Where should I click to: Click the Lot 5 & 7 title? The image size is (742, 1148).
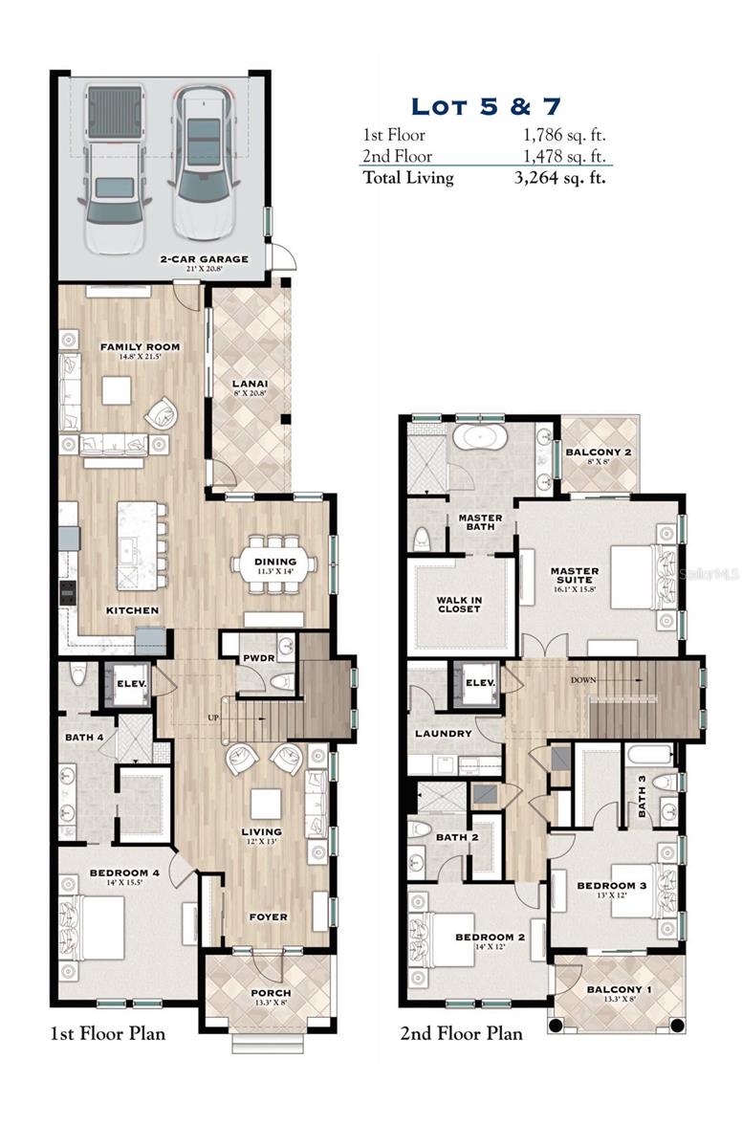pos(485,106)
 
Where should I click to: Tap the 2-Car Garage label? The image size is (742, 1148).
pos(204,259)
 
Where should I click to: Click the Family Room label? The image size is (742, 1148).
pos(141,346)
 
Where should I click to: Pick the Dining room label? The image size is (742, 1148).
pos(275,562)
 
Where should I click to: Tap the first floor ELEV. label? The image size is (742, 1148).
pos(129,684)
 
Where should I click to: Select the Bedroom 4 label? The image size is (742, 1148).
pos(125,872)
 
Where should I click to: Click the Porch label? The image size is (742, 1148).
pos(271,992)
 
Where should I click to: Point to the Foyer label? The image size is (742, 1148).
pos(269,916)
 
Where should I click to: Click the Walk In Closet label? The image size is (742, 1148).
pos(459,604)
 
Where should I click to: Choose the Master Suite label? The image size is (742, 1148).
pos(575,577)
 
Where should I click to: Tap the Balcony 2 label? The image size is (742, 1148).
pos(599,452)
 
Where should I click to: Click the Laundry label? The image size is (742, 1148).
pos(443,734)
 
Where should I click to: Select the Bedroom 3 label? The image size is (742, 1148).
pos(612,885)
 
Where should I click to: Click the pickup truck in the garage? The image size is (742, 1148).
pos(114,167)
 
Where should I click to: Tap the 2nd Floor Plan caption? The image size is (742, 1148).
pos(461,1033)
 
